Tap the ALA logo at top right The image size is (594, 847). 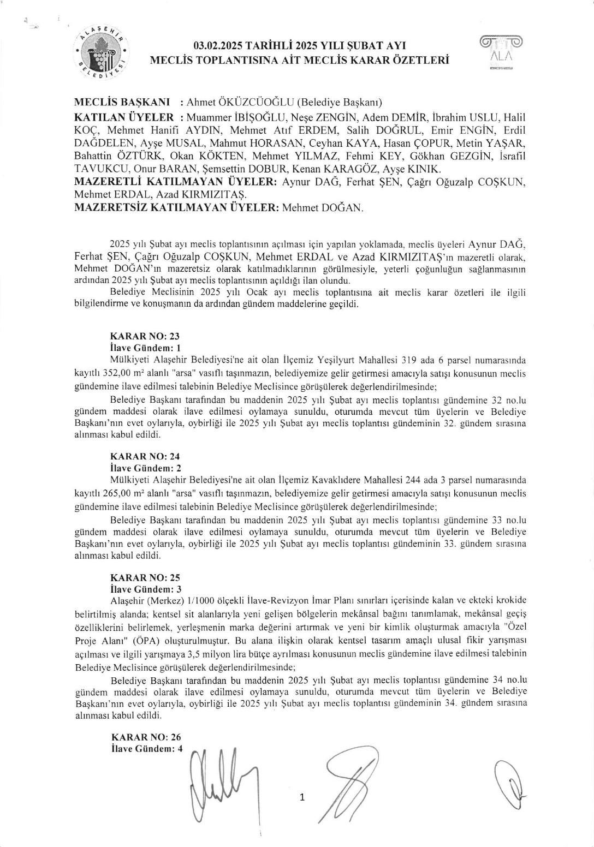(x=500, y=53)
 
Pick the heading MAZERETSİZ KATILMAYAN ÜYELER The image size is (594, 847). (x=177, y=208)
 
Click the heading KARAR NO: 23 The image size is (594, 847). (x=145, y=336)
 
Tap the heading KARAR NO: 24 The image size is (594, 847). (x=145, y=456)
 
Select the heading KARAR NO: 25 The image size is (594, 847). (x=145, y=577)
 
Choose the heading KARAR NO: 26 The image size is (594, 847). (x=145, y=737)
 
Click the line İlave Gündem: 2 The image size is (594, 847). (x=145, y=468)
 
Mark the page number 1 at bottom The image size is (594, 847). (x=302, y=798)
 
